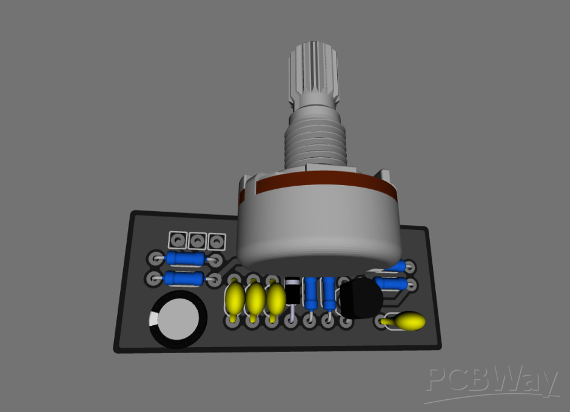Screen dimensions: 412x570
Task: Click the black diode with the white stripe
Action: click(x=292, y=291)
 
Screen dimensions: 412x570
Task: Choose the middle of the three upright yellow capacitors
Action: click(x=255, y=298)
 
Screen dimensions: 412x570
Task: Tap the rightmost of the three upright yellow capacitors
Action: click(x=276, y=298)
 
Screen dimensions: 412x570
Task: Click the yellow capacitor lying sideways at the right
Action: click(x=410, y=320)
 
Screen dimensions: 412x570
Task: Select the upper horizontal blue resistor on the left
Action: click(x=186, y=258)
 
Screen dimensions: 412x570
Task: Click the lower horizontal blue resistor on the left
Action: click(x=184, y=279)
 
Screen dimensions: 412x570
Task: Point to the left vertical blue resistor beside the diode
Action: click(x=311, y=294)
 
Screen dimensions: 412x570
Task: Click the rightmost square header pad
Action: click(x=215, y=241)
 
